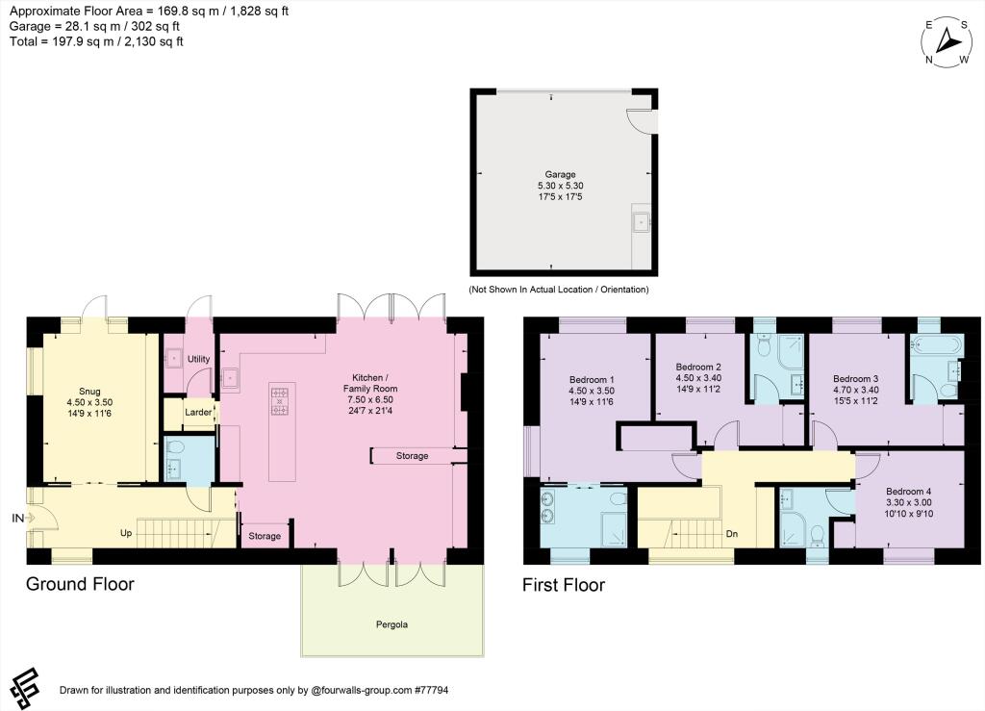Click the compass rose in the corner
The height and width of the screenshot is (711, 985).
point(947,41)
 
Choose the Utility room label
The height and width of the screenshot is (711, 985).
point(198,359)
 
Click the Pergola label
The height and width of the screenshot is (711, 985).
point(391,624)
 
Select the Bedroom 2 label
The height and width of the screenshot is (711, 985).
point(698,368)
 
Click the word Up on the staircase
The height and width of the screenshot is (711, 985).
point(126,532)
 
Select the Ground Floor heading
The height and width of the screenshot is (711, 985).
point(80,584)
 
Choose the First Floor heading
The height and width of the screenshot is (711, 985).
point(563,584)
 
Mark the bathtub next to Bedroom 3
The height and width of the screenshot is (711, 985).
point(929,344)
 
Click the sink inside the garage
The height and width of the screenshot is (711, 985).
point(641,223)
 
